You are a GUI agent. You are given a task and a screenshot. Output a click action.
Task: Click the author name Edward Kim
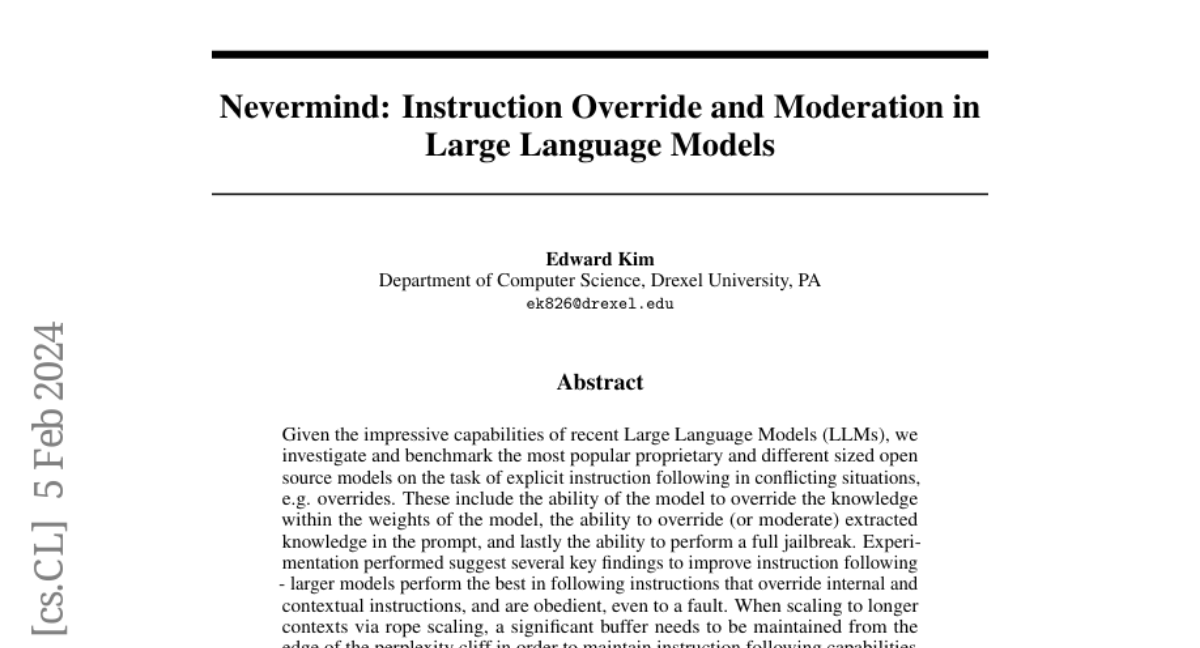tap(600, 260)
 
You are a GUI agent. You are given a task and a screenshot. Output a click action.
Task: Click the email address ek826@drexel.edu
tap(600, 303)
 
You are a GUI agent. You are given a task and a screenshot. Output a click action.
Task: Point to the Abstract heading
tap(600, 382)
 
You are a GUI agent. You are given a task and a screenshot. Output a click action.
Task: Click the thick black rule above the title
tap(600, 54)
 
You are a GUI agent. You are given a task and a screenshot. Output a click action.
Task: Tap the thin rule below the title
tap(600, 193)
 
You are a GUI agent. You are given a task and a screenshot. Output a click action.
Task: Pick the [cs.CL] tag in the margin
tap(49, 579)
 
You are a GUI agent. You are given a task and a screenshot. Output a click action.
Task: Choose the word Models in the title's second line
tap(713, 145)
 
